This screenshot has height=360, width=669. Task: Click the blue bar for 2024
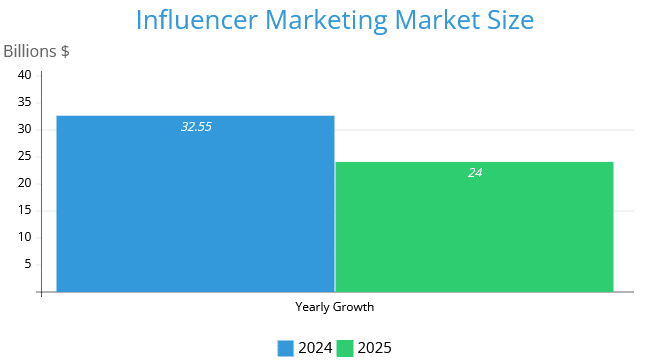[195, 204]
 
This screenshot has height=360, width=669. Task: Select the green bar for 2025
[474, 227]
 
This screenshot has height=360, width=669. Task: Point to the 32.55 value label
[196, 127]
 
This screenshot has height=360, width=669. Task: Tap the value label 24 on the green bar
[475, 173]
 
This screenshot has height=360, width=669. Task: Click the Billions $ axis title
[36, 51]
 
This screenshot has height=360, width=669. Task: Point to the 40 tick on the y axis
[25, 75]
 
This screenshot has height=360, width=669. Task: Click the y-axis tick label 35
[25, 102]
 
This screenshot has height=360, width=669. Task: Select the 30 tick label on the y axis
[25, 129]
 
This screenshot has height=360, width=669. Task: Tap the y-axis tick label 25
[25, 156]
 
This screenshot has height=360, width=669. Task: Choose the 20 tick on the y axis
[25, 183]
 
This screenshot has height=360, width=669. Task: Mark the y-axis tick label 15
[25, 210]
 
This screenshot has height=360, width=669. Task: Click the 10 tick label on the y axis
[25, 237]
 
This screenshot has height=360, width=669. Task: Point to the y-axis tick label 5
[28, 264]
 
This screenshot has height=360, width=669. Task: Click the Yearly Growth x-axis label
[334, 307]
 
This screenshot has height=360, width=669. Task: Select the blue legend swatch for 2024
[285, 348]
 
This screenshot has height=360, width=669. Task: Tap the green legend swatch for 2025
[345, 348]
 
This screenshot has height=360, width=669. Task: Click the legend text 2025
[375, 348]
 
